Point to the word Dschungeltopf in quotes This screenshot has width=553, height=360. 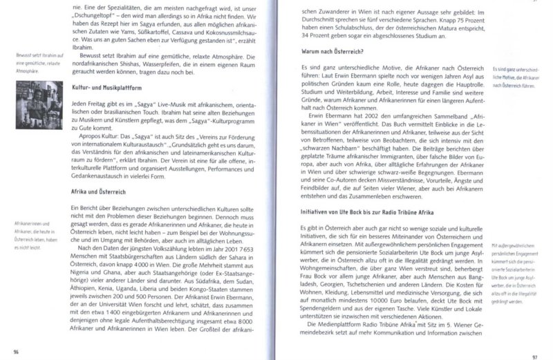97,12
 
